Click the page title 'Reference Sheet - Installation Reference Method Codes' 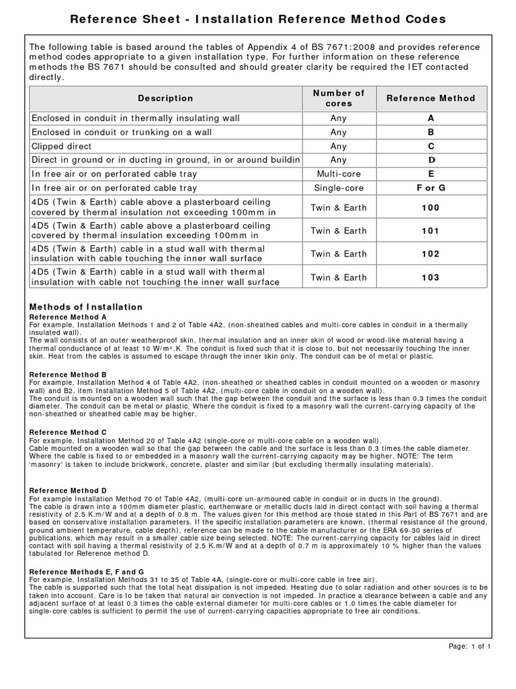[258, 19]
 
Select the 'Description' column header [165, 98]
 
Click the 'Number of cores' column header [338, 98]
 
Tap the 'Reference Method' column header [431, 98]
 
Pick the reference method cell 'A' [431, 118]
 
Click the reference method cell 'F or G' [431, 188]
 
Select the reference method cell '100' [431, 208]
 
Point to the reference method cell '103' [431, 277]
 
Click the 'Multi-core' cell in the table [338, 174]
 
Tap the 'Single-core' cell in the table [338, 188]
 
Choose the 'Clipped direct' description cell [61, 146]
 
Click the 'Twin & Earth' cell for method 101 [338, 231]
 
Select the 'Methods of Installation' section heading [86, 307]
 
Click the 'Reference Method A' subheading [68, 316]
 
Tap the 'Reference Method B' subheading [68, 374]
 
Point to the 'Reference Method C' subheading [68, 432]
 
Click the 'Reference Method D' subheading [68, 490]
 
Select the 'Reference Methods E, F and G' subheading [87, 571]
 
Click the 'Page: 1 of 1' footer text [470, 647]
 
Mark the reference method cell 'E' [431, 174]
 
